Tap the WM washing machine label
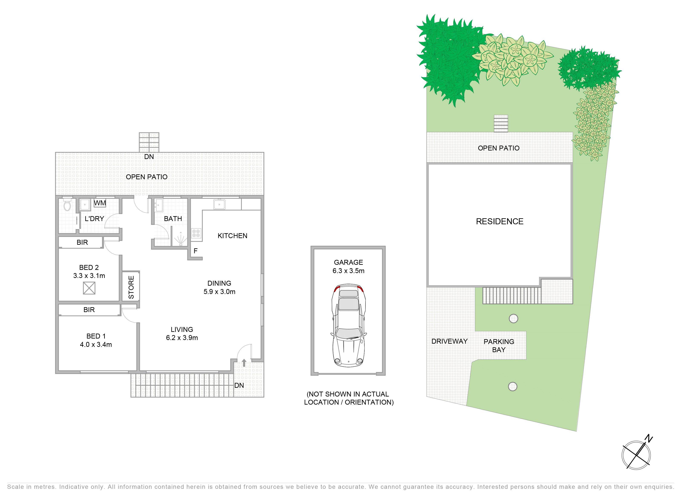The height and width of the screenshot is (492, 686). coord(100,203)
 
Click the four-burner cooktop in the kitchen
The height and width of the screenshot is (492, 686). coord(196,233)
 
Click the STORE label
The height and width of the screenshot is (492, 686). coord(131,287)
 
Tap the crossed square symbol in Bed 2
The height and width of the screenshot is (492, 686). coord(89,288)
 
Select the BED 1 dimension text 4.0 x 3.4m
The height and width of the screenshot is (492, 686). coord(96,344)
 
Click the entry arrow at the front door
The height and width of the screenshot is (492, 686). coord(244,362)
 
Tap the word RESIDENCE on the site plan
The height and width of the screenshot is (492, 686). coord(500,221)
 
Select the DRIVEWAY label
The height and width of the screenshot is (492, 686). coord(449,341)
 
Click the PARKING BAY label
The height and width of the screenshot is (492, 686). coord(499,346)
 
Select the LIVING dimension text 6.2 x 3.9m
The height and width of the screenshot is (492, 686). coord(182,338)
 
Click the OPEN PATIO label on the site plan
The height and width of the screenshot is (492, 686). coord(498,148)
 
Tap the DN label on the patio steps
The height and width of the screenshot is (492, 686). coord(149,156)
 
